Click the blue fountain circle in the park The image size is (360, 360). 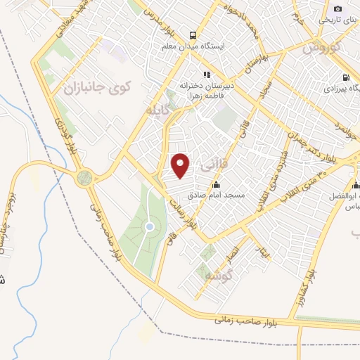(x=150, y=226)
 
